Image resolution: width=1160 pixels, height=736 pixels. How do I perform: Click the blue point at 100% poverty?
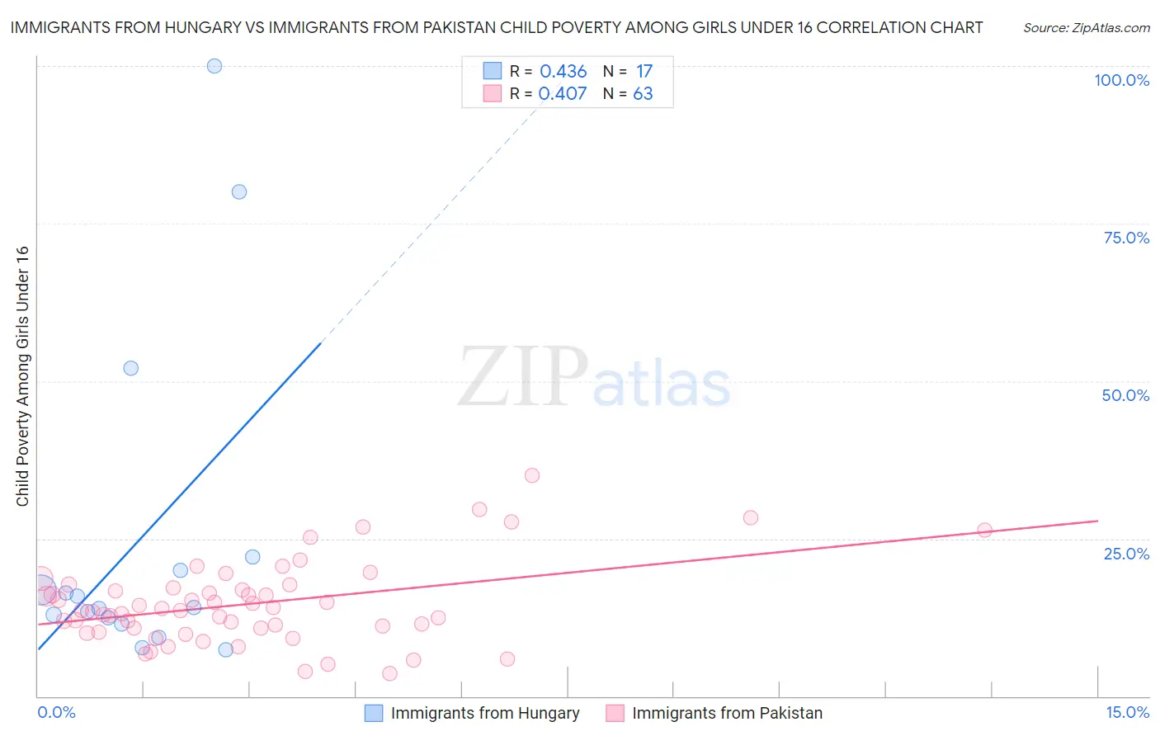(x=215, y=66)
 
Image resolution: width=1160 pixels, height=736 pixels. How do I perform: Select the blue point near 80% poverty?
(x=239, y=191)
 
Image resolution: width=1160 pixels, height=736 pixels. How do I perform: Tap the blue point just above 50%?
(x=131, y=368)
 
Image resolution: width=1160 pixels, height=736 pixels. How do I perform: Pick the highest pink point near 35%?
(x=532, y=475)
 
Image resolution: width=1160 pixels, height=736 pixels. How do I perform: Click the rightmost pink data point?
(x=984, y=530)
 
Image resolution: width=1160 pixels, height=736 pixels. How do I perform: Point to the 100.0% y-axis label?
(x=1121, y=80)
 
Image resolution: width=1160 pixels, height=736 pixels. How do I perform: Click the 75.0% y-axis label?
(x=1126, y=238)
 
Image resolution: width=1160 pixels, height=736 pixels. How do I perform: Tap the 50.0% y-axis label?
(x=1125, y=395)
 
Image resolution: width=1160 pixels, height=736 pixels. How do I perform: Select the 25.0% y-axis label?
(x=1126, y=554)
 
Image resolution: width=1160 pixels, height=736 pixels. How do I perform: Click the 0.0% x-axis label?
(x=56, y=712)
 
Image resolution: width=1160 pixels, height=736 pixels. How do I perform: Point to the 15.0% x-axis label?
(x=1127, y=712)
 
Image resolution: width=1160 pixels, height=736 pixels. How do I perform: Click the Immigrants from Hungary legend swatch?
(x=374, y=713)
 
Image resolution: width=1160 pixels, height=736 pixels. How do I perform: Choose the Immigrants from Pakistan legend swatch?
(x=615, y=713)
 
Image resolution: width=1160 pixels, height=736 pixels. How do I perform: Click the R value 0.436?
(x=563, y=72)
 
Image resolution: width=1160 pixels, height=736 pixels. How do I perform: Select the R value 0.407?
(x=563, y=93)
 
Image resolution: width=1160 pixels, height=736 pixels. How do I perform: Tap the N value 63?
(x=643, y=93)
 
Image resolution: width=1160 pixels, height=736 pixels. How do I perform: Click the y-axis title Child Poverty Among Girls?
(x=22, y=375)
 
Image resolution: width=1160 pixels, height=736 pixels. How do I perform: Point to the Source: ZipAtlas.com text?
(x=1086, y=28)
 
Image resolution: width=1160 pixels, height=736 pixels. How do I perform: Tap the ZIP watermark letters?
(x=523, y=377)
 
